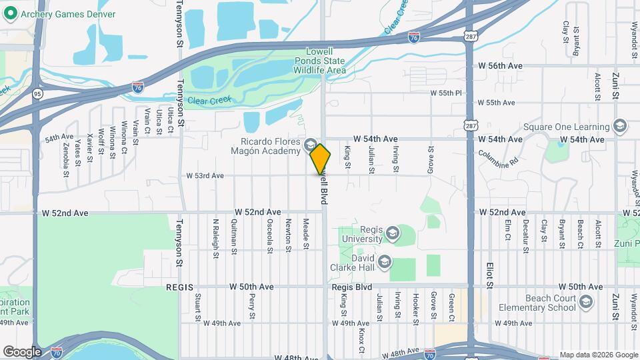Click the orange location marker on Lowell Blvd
coord(321,159)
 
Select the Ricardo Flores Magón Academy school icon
coord(311,145)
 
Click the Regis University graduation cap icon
coord(392,233)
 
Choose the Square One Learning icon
coord(620,127)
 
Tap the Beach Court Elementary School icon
coord(586,303)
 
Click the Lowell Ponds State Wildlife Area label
coord(325,61)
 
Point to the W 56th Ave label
coord(500,66)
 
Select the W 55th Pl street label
coord(446,93)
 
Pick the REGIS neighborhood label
coord(179,287)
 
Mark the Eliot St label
coord(488,274)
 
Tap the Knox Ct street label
coord(361,341)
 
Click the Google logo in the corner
coord(23,351)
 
